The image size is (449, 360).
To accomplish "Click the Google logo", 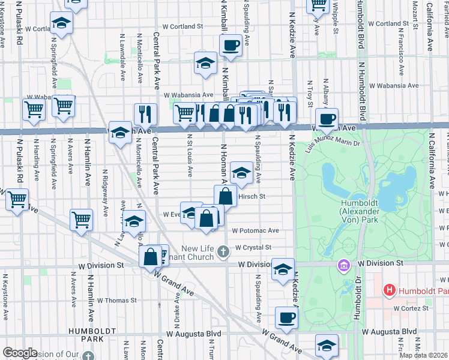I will pyautogui.click(x=20, y=353).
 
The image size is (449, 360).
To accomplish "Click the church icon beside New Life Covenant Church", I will pyautogui.click(x=223, y=251).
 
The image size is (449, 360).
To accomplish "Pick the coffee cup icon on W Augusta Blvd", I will pyautogui.click(x=286, y=317).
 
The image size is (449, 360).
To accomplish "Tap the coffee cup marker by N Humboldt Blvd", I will pyautogui.click(x=327, y=118).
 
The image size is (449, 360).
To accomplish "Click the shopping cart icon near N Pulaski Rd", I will pyautogui.click(x=17, y=199).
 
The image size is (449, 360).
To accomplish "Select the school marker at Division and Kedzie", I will pyautogui.click(x=283, y=269).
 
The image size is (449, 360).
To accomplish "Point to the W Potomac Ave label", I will pyautogui.click(x=256, y=230).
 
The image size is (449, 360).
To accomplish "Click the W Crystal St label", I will pyautogui.click(x=253, y=247).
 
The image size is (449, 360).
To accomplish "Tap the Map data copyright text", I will pyautogui.click(x=423, y=355).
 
